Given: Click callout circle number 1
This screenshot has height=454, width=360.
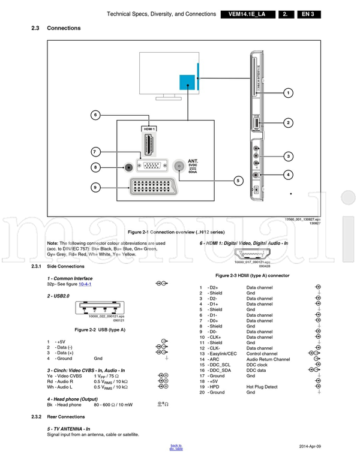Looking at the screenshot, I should click(288, 93).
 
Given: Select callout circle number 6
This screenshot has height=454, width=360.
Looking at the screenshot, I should click(95, 115).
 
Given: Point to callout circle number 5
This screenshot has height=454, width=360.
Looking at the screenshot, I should click(238, 179).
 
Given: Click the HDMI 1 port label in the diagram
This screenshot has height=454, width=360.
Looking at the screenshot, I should click(149, 129).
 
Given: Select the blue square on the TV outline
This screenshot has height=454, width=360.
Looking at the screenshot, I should click(188, 83).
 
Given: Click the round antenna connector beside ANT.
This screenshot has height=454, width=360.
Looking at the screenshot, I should click(178, 167).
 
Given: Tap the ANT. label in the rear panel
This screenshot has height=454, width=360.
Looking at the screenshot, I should click(193, 161).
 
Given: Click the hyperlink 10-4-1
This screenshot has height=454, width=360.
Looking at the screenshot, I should click(85, 284).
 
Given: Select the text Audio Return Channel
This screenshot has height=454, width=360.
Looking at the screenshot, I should click(268, 359).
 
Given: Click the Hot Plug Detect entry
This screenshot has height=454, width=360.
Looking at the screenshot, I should click(262, 387).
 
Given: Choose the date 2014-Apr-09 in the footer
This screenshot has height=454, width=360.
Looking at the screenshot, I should click(310, 446).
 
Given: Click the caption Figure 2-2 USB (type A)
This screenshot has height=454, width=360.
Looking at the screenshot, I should click(99, 330).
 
